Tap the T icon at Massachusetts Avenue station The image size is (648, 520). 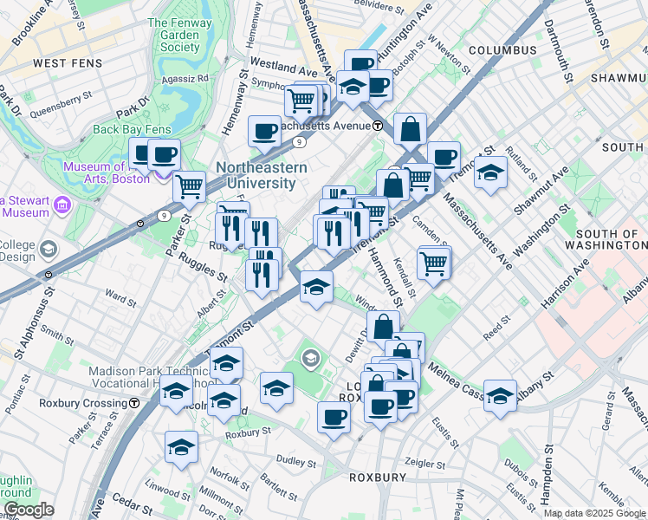click(x=379, y=126)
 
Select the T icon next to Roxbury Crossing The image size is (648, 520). click(x=134, y=403)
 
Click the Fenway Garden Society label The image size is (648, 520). click(x=185, y=35)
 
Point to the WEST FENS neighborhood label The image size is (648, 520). click(x=68, y=63)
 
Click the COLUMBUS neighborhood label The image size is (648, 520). click(x=502, y=50)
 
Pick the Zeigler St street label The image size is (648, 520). click(x=424, y=464)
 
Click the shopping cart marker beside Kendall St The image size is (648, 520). click(x=434, y=262)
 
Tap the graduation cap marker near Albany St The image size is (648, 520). click(x=500, y=394)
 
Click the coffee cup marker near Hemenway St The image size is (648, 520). click(x=264, y=131)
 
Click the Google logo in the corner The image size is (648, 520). click(x=29, y=510)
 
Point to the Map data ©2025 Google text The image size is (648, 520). click(x=594, y=513)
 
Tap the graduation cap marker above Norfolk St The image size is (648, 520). click(x=181, y=446)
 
